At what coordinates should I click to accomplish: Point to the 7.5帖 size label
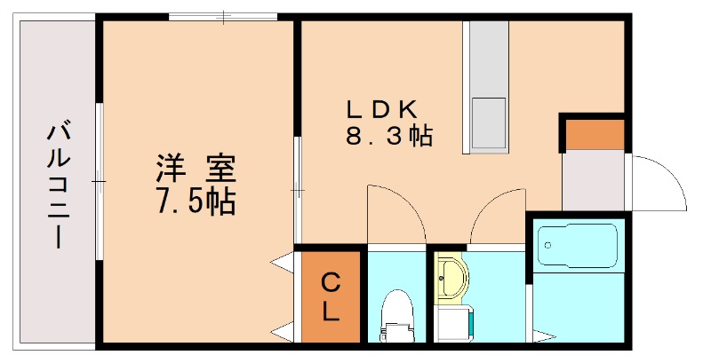point(196,203)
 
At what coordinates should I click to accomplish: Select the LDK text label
point(381,109)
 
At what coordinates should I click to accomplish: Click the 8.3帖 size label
point(388,137)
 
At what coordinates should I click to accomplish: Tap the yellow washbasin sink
point(452,276)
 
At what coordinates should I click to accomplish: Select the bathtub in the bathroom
point(578,248)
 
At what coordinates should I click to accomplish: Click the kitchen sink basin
point(488,123)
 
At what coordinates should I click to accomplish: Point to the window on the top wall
point(223,16)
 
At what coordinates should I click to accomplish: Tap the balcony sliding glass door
point(100,182)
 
